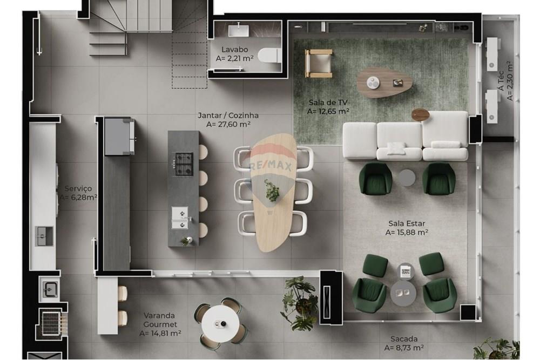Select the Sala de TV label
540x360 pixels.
click(x=328, y=103)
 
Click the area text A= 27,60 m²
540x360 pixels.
click(x=228, y=124)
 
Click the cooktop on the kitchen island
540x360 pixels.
click(x=183, y=164)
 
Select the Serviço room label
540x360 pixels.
click(x=78, y=188)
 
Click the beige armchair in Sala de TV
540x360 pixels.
click(x=319, y=63)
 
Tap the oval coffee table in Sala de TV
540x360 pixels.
click(x=384, y=82)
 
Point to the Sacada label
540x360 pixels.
click(x=403, y=339)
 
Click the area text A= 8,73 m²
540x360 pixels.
click(x=403, y=348)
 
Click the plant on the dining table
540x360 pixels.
click(x=272, y=190)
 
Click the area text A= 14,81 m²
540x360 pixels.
click(x=160, y=334)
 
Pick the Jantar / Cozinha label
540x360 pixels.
click(x=228, y=115)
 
